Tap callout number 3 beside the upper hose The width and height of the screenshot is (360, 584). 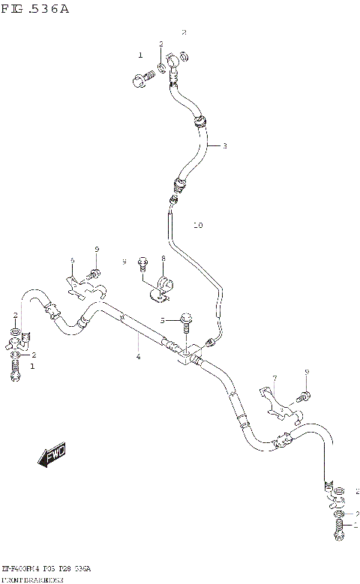(x=223, y=145)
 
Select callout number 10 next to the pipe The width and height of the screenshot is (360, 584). (x=198, y=225)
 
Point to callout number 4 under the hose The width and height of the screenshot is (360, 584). (x=138, y=356)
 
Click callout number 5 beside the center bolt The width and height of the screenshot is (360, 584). (x=160, y=320)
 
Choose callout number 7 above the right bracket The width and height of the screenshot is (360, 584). (x=274, y=378)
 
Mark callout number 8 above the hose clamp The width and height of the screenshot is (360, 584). (x=162, y=259)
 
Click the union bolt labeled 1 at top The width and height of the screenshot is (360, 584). (x=142, y=76)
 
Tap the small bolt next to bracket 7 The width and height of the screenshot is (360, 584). (x=304, y=394)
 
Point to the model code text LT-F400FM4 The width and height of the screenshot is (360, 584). (x=22, y=570)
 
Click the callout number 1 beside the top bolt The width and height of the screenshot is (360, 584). (x=139, y=55)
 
